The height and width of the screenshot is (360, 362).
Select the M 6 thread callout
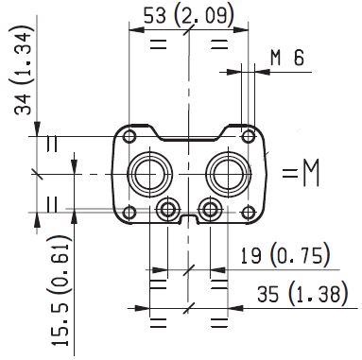point(285,58)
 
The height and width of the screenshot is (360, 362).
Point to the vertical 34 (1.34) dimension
point(22,75)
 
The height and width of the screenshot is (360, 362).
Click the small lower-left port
point(167,208)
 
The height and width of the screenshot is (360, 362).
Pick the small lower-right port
point(210,208)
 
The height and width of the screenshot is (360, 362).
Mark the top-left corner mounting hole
point(129,135)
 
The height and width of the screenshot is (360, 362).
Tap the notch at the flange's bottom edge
point(189,220)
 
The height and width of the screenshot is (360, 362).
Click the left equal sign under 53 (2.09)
point(157,43)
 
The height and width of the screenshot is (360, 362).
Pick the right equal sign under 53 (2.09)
point(219,43)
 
